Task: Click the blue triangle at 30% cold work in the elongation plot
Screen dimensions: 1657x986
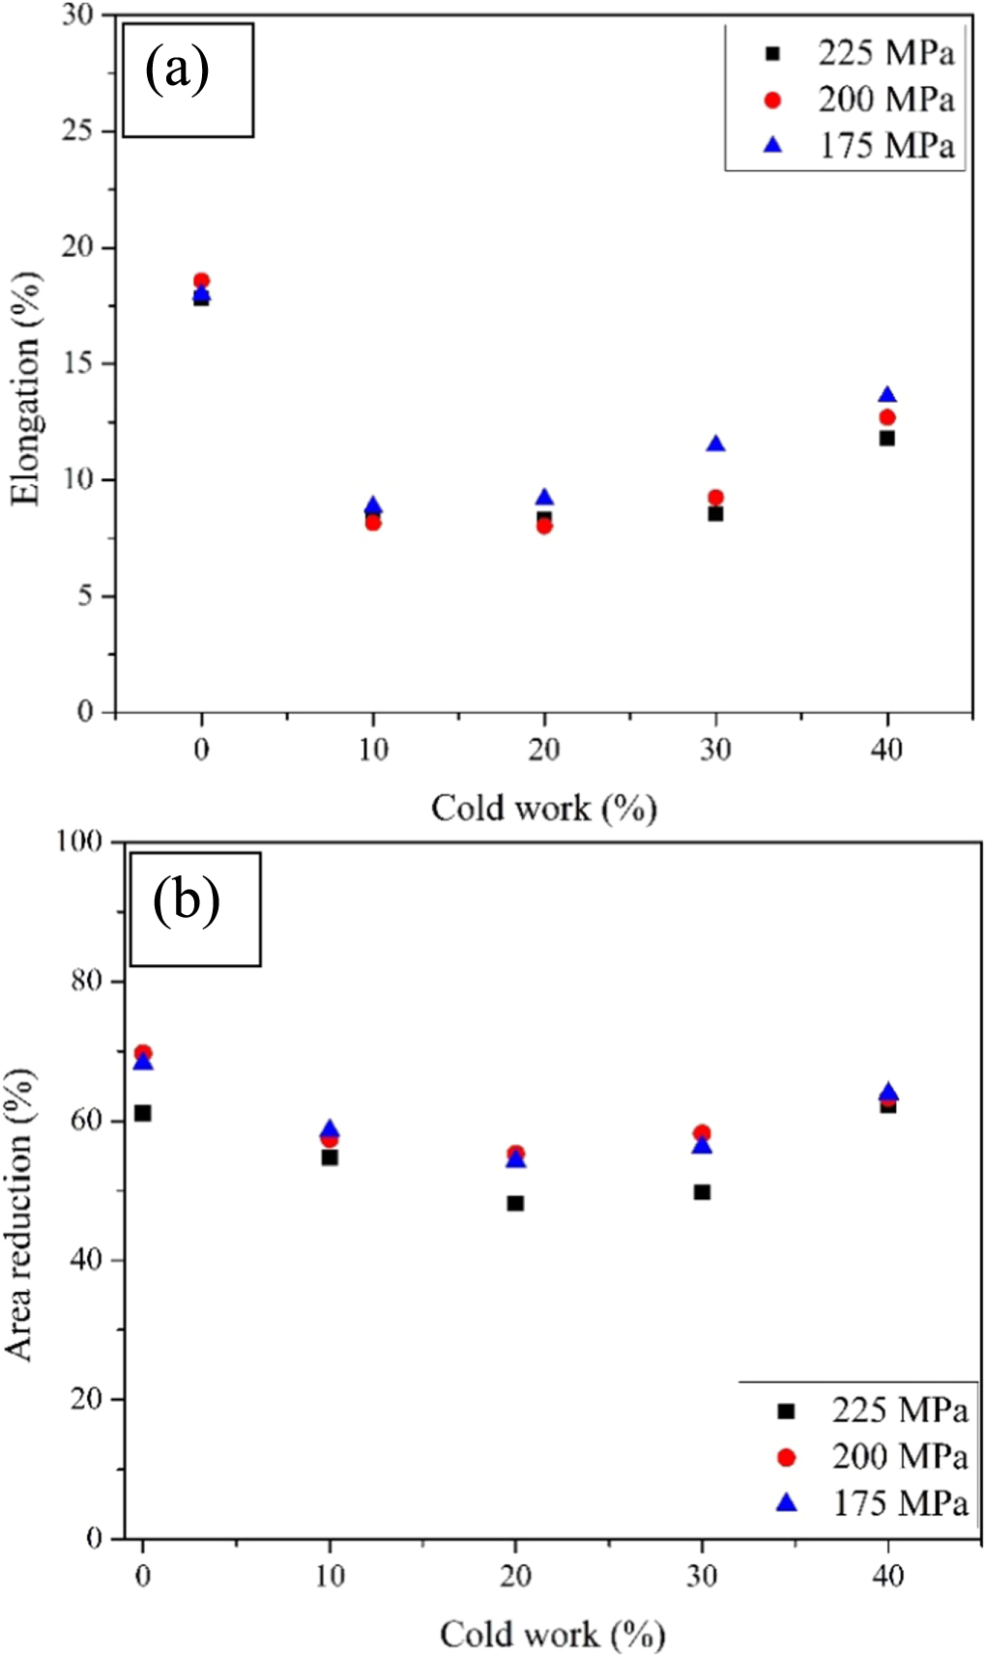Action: [715, 444]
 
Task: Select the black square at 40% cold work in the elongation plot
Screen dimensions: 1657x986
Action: [886, 438]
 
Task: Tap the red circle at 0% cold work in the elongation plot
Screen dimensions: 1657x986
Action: [201, 281]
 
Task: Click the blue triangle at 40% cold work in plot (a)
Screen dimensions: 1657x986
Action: [886, 395]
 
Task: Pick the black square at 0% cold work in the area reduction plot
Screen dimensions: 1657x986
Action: [143, 1113]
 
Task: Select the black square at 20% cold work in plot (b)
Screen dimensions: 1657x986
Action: [515, 1203]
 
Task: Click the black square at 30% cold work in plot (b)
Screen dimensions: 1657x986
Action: [702, 1192]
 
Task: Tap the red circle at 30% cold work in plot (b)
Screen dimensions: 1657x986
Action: [702, 1133]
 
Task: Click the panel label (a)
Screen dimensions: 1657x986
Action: [177, 71]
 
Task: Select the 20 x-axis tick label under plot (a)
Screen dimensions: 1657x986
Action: [544, 749]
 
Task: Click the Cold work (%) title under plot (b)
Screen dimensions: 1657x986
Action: [552, 1634]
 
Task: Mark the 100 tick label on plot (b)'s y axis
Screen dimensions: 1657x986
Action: [79, 842]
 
